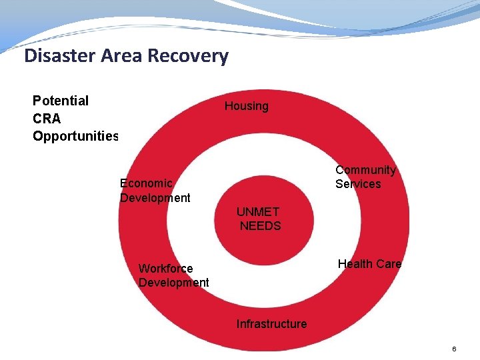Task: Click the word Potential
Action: pos(61,101)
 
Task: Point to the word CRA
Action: pos(47,119)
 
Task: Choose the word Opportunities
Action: pos(75,137)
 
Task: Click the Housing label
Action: pos(246,106)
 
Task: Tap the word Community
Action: pos(365,170)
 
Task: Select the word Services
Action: pos(358,184)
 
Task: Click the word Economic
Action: pos(146,183)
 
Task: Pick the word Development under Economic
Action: pos(155,198)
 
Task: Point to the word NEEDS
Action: pos(261,226)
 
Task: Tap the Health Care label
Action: pos(369,264)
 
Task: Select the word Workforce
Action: pos(165,269)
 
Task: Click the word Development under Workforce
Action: pos(173,283)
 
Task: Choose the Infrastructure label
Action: pos(271,324)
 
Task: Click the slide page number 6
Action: pos(454,349)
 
